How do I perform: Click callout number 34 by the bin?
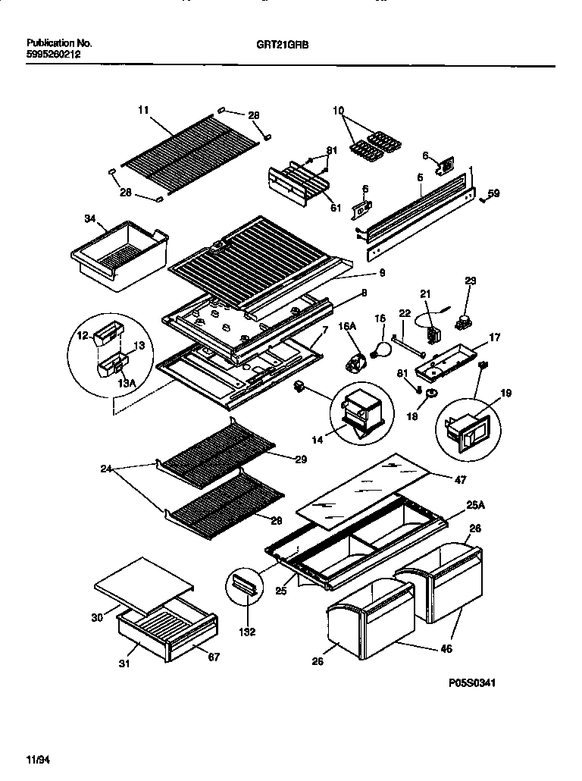91,219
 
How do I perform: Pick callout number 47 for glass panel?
461,479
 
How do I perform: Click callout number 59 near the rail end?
493,193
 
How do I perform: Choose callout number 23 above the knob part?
470,281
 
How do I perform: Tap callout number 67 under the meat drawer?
214,657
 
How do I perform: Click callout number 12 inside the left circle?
84,335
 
